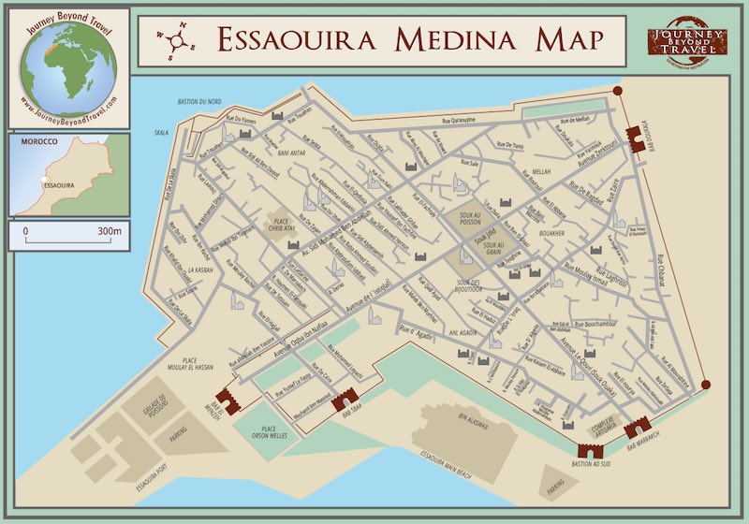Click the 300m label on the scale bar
109,230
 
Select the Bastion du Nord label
198,101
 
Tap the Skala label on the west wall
161,133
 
